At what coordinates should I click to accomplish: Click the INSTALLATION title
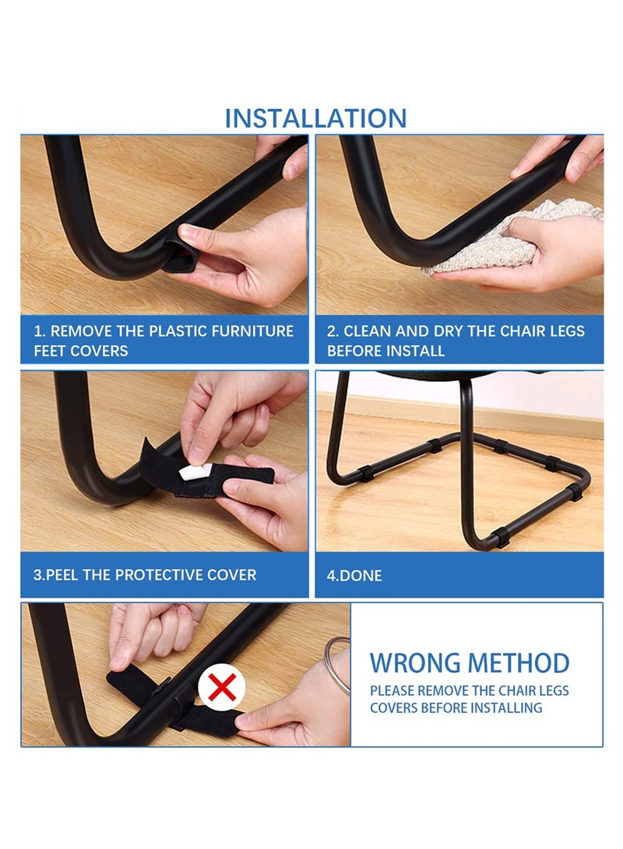point(315,118)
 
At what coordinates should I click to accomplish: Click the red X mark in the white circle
point(222,687)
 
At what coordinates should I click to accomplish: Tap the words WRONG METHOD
point(469,663)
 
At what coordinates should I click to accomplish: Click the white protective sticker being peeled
point(191,472)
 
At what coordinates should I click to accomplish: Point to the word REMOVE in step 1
point(86,331)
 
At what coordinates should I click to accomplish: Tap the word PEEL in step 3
point(68,575)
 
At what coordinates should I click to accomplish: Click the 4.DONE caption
point(354,577)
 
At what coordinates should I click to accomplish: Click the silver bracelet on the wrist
point(337,665)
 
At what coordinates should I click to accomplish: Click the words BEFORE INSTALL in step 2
point(385,351)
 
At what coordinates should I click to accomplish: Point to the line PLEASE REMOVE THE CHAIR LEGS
point(469,691)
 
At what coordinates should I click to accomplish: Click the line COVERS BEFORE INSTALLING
point(456,708)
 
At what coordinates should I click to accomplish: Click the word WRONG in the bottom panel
point(413,663)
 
